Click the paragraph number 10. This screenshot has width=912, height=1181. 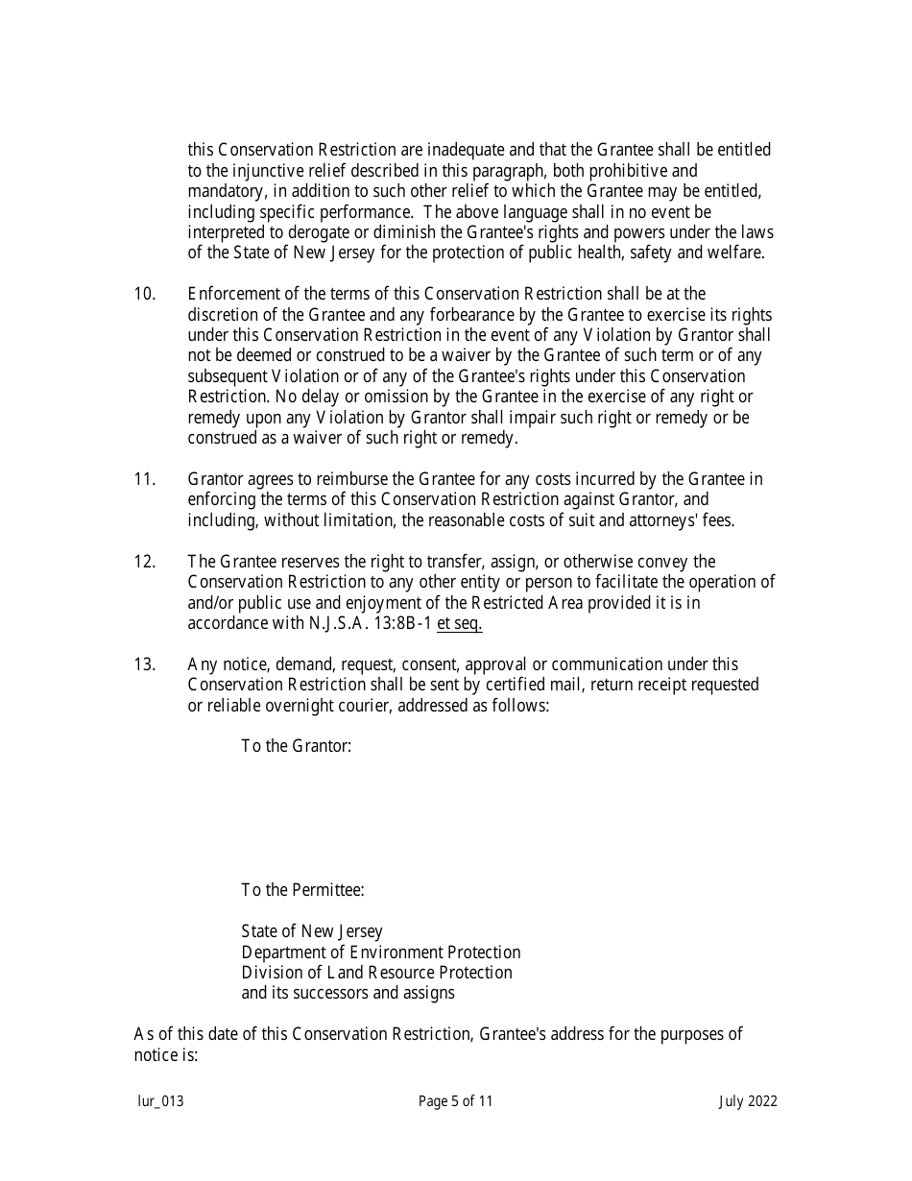click(x=144, y=294)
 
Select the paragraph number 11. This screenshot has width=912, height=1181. click(x=144, y=479)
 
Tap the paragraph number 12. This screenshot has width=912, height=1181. click(x=144, y=562)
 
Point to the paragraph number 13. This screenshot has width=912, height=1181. click(x=144, y=664)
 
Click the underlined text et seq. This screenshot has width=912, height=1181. click(x=460, y=623)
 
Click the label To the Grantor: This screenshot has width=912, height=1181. click(x=296, y=746)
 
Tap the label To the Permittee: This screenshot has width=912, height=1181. click(x=302, y=890)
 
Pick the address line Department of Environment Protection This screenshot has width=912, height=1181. click(x=380, y=952)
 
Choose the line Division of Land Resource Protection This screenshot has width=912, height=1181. click(x=376, y=973)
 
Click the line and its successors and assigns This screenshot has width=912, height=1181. click(x=348, y=993)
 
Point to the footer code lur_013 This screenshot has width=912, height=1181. click(x=159, y=1101)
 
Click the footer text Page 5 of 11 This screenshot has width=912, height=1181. click(x=455, y=1101)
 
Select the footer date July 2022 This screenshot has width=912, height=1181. click(x=748, y=1101)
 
